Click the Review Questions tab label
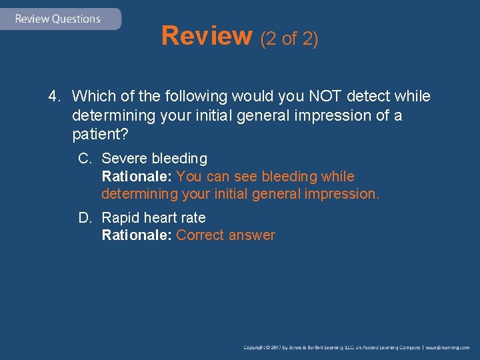tap(57, 19)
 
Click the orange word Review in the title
tap(206, 36)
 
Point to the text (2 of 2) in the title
tap(289, 39)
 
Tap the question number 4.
tap(54, 97)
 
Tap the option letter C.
tap(84, 159)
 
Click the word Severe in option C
tap(125, 159)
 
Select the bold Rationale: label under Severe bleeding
tap(137, 177)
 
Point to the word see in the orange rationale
tap(245, 177)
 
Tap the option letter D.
tap(85, 217)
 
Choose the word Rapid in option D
tap(120, 217)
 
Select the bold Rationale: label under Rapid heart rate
tap(137, 235)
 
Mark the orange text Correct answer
tap(225, 235)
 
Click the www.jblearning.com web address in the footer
tap(447, 347)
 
